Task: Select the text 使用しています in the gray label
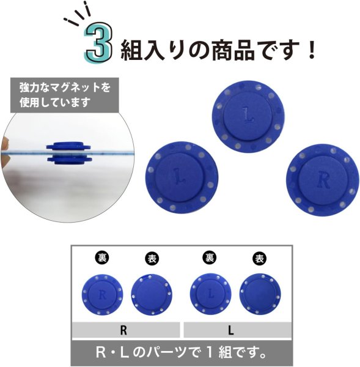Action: pyautogui.click(x=55, y=102)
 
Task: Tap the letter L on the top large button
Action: pyautogui.click(x=247, y=114)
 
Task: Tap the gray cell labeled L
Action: pyautogui.click(x=232, y=331)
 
